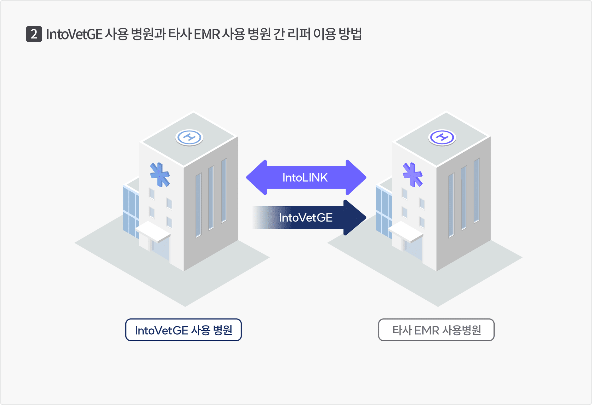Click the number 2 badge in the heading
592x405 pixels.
coord(34,34)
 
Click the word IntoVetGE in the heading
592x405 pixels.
coord(74,34)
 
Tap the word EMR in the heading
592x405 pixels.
coord(207,34)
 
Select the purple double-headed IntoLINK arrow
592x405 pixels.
coord(305,178)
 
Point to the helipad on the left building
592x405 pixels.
coord(189,138)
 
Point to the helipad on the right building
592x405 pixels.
coord(442,138)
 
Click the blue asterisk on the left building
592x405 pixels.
coord(160,174)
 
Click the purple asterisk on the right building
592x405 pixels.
coord(413,174)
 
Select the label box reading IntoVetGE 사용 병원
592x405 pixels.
coord(184,330)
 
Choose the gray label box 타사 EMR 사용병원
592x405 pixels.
coord(436,330)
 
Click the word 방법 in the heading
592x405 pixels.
coord(350,34)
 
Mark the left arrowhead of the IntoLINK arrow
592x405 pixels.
coord(257,178)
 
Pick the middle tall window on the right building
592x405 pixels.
coord(464,198)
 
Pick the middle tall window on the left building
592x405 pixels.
coord(211,198)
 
